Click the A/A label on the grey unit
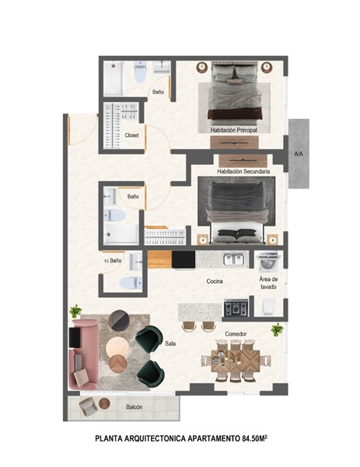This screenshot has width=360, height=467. (x=299, y=154)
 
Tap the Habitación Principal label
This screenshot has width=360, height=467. (x=234, y=130)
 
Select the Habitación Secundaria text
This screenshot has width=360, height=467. (x=243, y=171)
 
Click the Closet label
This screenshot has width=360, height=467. (x=131, y=135)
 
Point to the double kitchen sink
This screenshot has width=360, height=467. (x=235, y=259)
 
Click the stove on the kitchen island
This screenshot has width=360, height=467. (x=236, y=308)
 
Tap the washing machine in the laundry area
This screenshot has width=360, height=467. (x=268, y=262)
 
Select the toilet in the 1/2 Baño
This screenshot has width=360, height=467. (x=131, y=283)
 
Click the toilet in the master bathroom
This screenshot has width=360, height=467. (x=140, y=72)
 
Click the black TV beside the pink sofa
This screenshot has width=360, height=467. (x=75, y=338)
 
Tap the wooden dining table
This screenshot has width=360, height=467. (x=236, y=361)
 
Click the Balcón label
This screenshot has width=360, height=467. (x=134, y=407)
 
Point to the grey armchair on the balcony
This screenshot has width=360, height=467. (x=88, y=407)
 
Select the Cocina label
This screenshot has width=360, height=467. (x=215, y=281)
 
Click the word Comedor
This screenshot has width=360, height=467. (x=236, y=334)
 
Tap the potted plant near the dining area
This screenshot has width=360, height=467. (x=278, y=330)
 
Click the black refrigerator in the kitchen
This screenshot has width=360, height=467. (x=183, y=259)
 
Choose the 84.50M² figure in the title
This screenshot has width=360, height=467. (x=253, y=438)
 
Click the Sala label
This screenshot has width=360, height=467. (x=170, y=343)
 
